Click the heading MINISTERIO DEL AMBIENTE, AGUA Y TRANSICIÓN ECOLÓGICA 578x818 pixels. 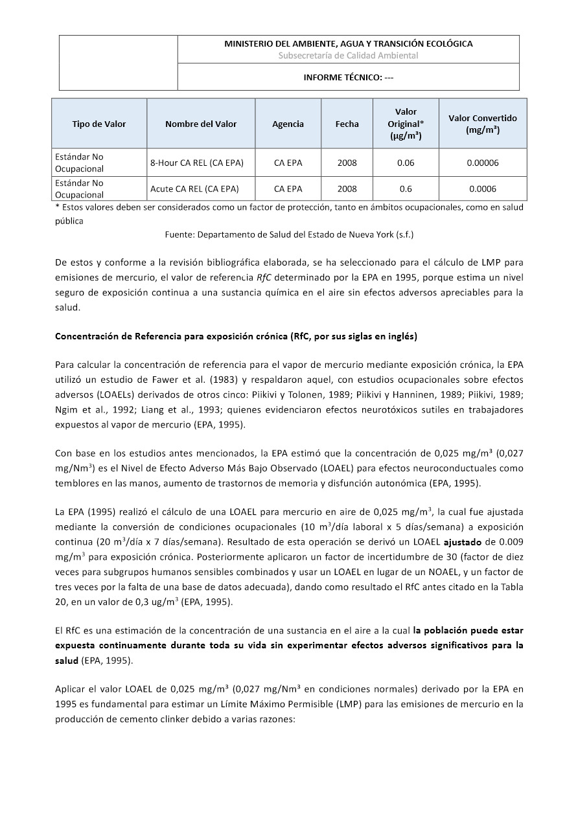click(348, 44)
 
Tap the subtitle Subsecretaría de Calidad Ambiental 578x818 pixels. click(348, 56)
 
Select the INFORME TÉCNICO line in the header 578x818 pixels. click(348, 77)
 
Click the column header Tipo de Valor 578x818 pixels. click(99, 124)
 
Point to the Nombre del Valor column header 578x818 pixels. click(201, 124)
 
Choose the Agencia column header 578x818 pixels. click(288, 124)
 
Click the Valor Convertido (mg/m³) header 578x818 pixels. click(483, 124)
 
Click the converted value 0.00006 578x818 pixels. click(483, 163)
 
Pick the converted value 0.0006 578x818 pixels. click(483, 189)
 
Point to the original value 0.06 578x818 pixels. click(406, 163)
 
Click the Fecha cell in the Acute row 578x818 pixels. click(347, 189)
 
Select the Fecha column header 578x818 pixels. click(347, 124)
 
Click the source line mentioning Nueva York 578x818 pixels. click(289, 234)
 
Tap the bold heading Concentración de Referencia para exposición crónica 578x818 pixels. click(236, 336)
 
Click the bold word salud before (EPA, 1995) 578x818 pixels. click(67, 660)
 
